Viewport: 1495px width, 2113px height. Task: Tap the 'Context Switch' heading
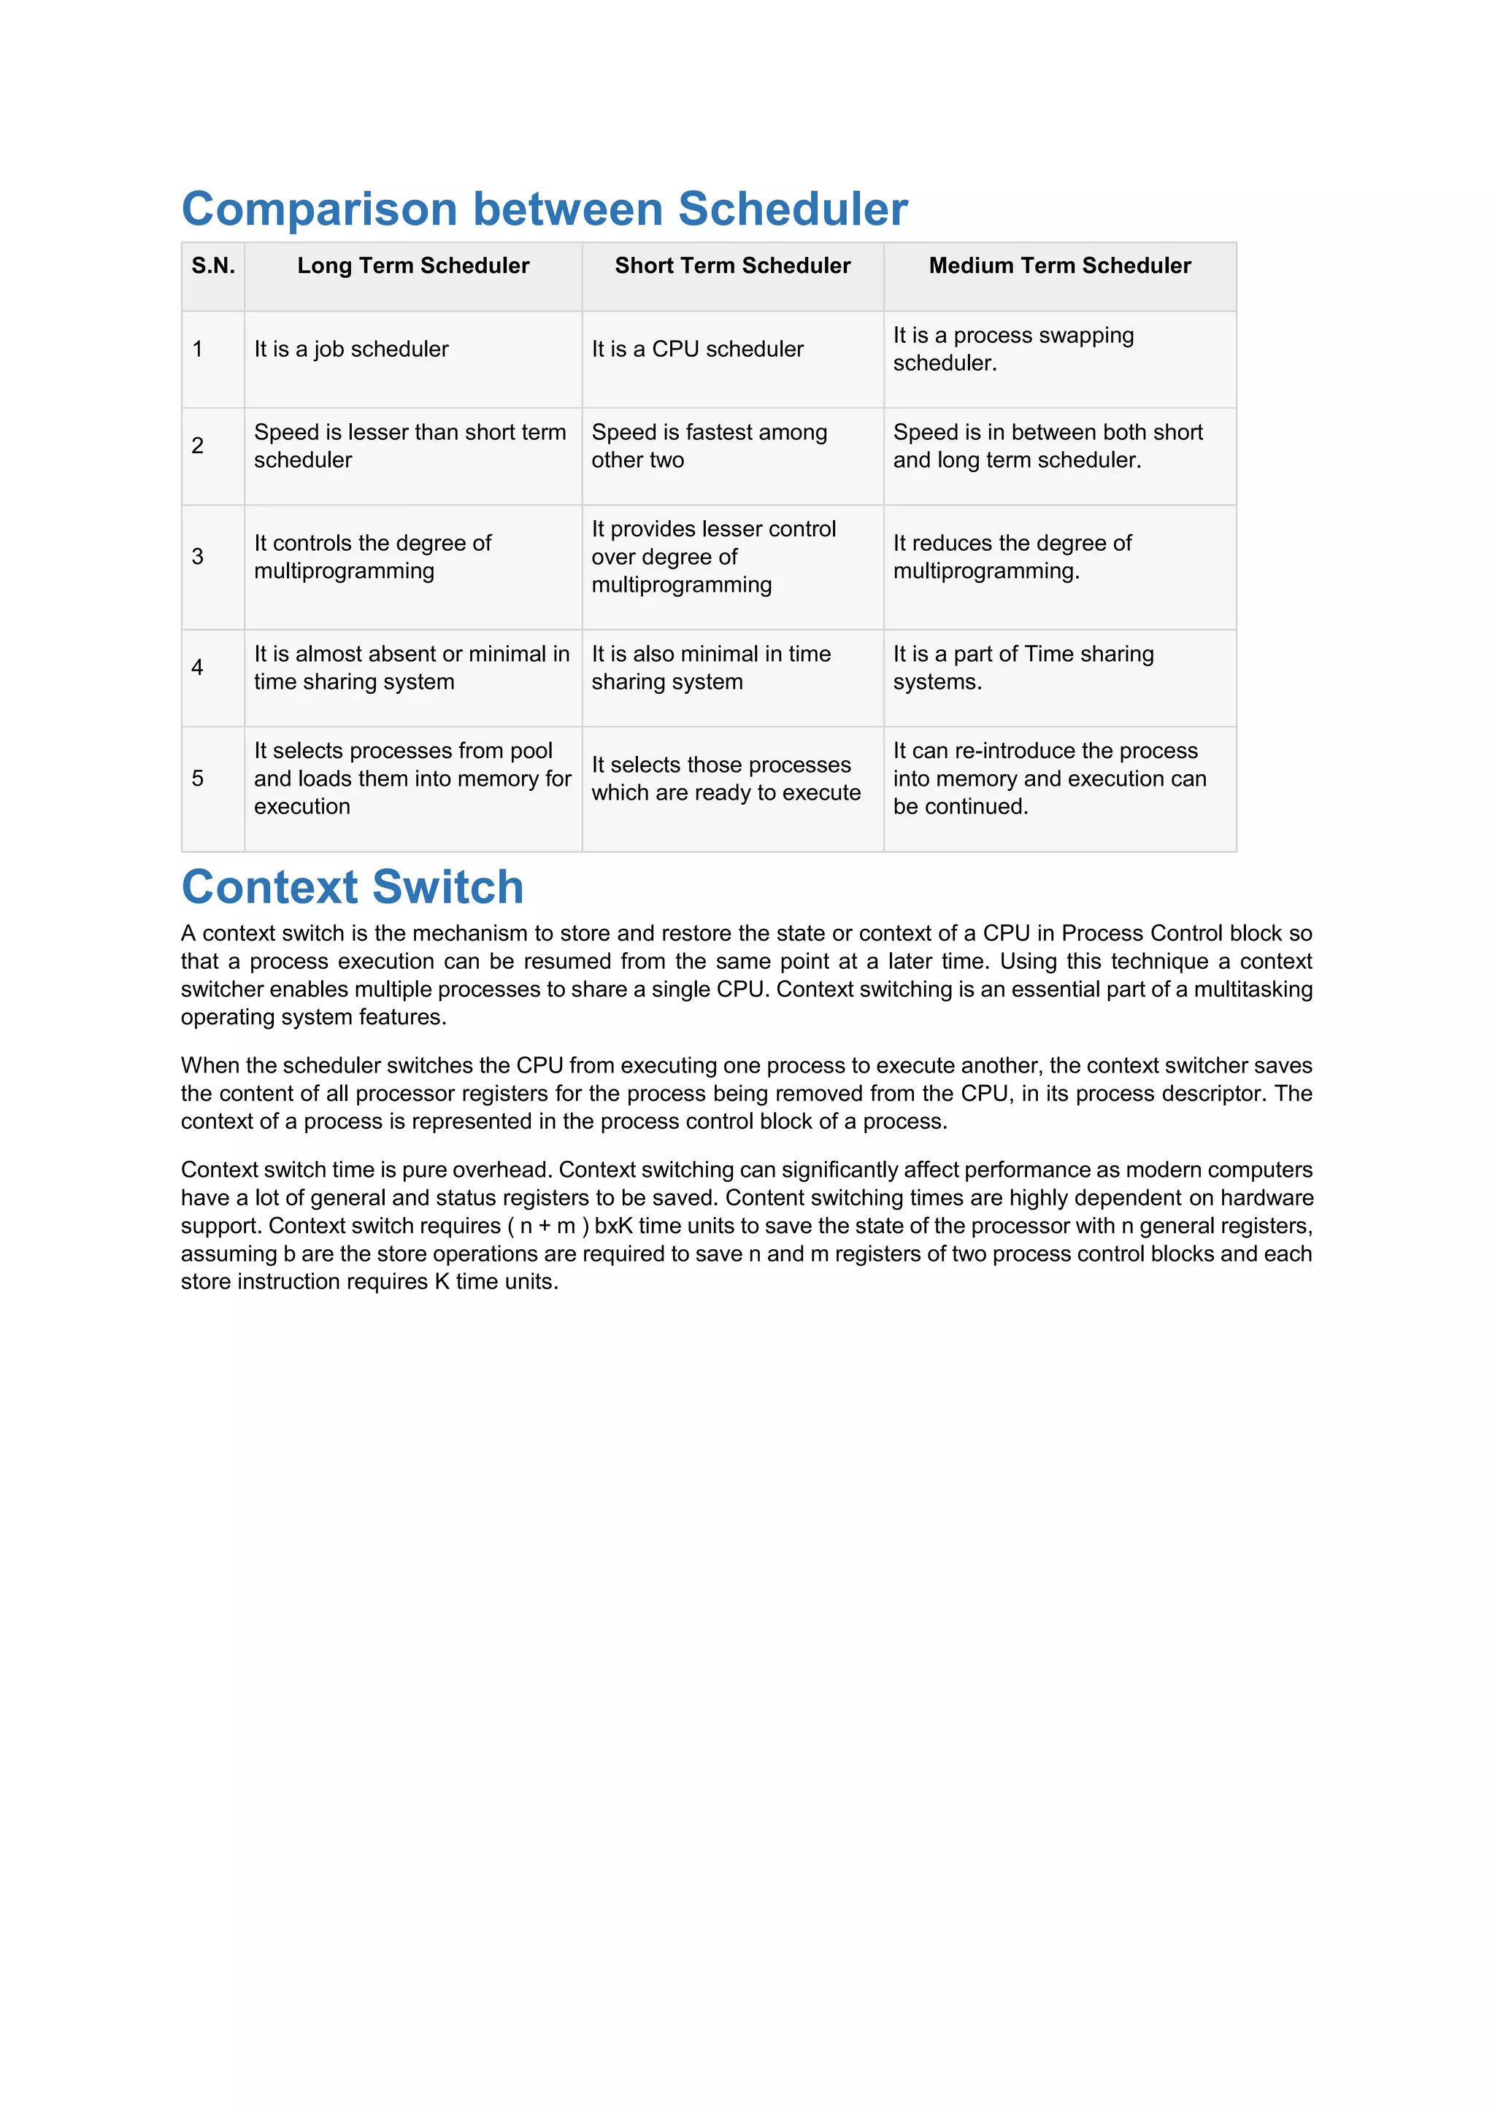(x=353, y=887)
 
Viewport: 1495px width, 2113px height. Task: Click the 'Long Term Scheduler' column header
(x=413, y=266)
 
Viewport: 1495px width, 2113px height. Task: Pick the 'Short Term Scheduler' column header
(x=733, y=266)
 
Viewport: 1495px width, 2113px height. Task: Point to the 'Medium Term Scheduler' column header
(x=1060, y=266)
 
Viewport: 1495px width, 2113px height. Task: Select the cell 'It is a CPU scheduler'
(x=698, y=349)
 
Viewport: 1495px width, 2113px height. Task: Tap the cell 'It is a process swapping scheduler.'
(x=1012, y=349)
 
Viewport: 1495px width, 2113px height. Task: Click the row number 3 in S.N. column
(x=198, y=557)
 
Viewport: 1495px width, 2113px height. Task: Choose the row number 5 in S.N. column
(x=198, y=779)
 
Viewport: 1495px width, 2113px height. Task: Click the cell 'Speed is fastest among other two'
(x=709, y=447)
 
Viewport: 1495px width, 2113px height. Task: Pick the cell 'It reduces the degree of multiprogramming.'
(x=1012, y=557)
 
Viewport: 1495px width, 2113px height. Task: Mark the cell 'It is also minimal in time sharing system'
(x=711, y=668)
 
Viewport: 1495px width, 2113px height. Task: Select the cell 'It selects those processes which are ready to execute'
(x=726, y=779)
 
